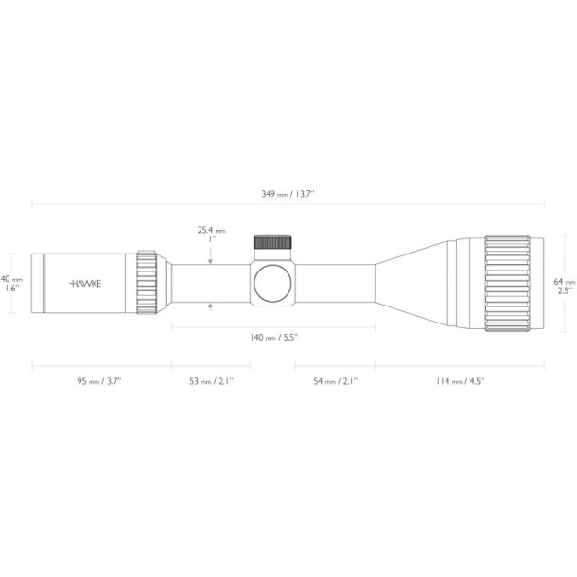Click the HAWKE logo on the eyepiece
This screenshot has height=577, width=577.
coord(87,283)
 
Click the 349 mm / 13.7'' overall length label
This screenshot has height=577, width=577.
coord(288,193)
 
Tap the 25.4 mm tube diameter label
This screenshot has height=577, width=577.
coord(211,234)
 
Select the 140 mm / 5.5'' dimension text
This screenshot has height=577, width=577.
coord(273,337)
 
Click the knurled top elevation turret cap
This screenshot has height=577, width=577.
coord(274,242)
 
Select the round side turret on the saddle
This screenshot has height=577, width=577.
coord(274,283)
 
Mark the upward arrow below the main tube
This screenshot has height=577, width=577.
coord(211,306)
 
